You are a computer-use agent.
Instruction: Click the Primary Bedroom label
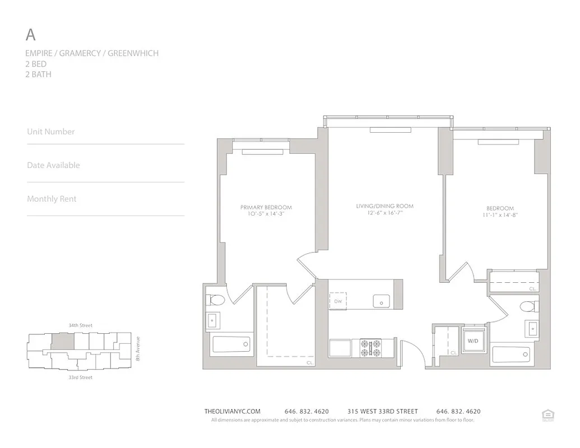(x=266, y=208)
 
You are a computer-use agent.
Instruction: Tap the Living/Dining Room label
(x=384, y=206)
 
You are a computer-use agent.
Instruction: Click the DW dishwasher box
(x=338, y=301)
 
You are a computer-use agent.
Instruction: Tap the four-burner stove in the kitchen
(x=370, y=347)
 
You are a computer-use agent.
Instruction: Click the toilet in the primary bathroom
(x=216, y=300)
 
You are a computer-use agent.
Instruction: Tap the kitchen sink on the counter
(x=382, y=301)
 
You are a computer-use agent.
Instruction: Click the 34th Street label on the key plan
(x=80, y=325)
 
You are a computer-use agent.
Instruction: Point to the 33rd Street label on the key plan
(x=80, y=377)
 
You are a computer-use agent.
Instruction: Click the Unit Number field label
(x=51, y=132)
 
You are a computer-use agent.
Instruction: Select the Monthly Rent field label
(x=52, y=199)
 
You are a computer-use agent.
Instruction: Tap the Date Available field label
(x=53, y=165)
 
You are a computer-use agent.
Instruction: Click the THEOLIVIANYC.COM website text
(x=233, y=411)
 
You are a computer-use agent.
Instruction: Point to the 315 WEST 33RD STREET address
(x=382, y=411)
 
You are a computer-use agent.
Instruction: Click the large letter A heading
(x=31, y=35)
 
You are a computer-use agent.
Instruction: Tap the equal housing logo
(x=547, y=414)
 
